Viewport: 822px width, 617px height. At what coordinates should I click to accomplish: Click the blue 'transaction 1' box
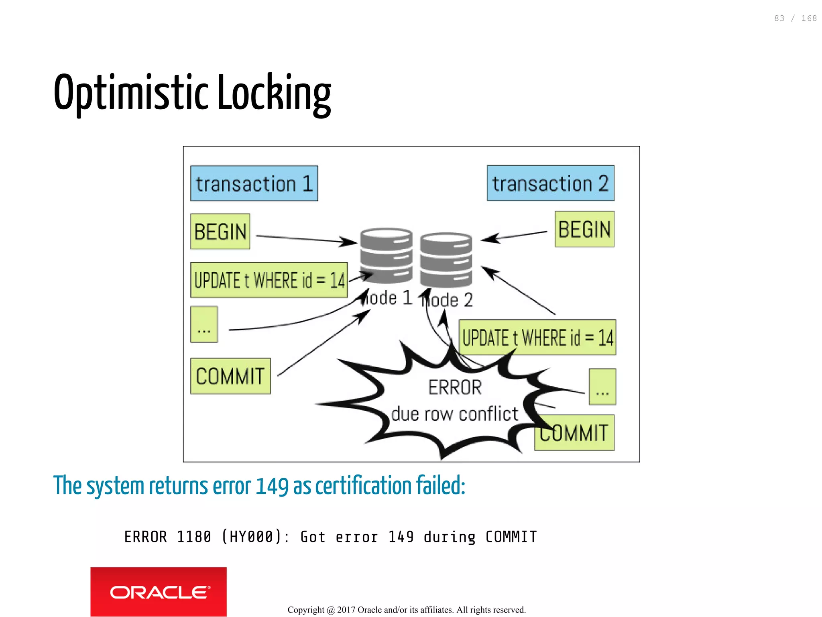[x=254, y=183]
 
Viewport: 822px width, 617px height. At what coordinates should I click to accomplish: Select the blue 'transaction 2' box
[x=550, y=183]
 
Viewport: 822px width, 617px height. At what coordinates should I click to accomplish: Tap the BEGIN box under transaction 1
[x=220, y=232]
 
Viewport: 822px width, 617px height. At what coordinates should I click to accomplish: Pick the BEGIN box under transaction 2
[x=584, y=230]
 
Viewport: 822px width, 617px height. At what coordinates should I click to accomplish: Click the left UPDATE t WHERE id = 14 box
[x=269, y=280]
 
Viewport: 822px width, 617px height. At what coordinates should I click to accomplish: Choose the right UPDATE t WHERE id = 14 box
[x=537, y=337]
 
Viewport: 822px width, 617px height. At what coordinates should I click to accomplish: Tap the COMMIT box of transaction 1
[x=230, y=376]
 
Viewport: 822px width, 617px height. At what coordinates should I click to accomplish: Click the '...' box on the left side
[x=204, y=324]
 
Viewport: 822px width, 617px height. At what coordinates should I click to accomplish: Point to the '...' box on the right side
[x=602, y=387]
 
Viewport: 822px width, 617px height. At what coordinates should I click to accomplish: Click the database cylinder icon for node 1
[x=386, y=255]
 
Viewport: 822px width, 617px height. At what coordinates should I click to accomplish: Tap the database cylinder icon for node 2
[x=446, y=259]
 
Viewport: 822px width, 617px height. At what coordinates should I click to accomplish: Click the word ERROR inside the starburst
[x=455, y=387]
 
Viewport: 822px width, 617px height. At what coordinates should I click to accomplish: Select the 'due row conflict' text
[x=455, y=414]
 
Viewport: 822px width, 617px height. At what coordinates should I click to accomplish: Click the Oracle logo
[x=159, y=592]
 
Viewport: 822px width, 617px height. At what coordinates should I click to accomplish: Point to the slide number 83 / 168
[x=795, y=18]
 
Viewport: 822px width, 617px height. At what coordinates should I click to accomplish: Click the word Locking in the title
[x=275, y=93]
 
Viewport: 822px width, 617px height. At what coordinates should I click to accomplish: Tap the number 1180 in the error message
[x=194, y=537]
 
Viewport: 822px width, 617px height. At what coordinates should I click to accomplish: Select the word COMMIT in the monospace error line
[x=511, y=537]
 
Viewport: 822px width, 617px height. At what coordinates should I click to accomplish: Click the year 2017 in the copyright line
[x=346, y=610]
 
